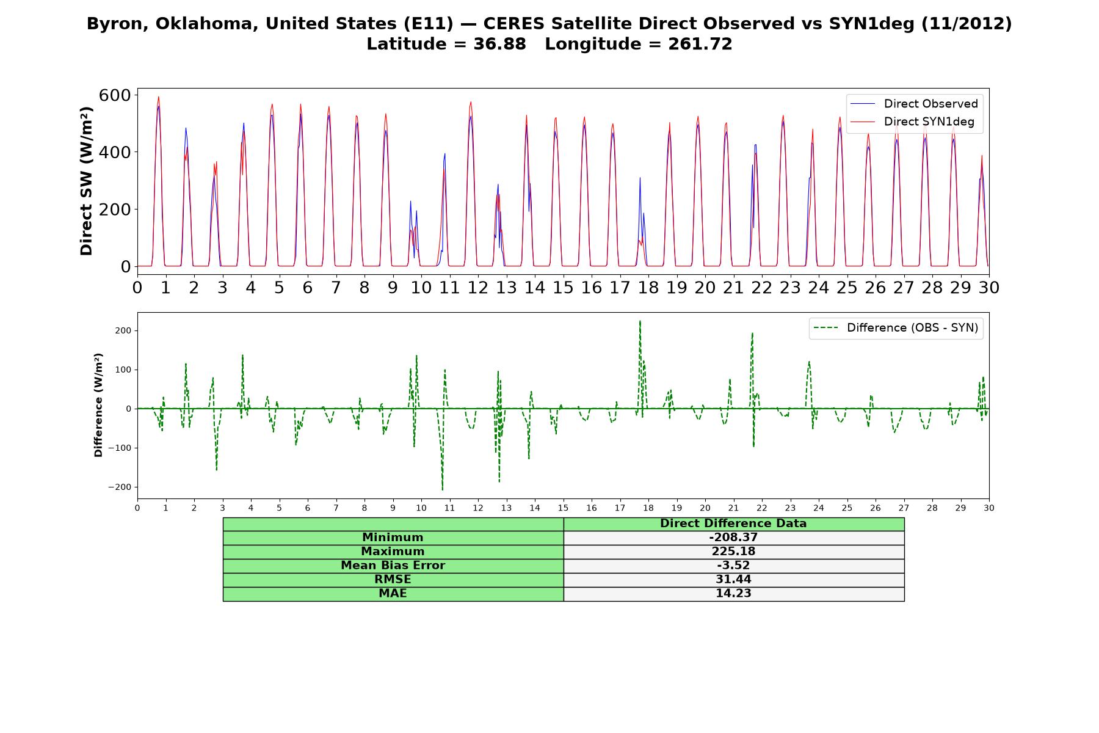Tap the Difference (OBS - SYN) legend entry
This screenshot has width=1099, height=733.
[x=896, y=328]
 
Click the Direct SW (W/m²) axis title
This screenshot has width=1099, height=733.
[x=86, y=181]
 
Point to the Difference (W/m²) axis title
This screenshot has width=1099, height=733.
[x=98, y=405]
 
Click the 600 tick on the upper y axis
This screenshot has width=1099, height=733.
[x=115, y=95]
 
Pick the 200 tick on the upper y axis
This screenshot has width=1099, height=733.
[x=115, y=209]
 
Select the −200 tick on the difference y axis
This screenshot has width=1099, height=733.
[x=120, y=487]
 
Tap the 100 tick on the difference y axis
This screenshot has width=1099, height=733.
[x=124, y=370]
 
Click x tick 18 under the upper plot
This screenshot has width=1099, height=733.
[x=648, y=287]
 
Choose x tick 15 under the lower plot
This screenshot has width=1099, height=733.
[x=563, y=508]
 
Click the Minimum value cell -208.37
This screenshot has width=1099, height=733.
[x=733, y=538]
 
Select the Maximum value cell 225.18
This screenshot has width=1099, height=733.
[x=733, y=552]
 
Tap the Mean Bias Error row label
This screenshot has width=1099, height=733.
[x=393, y=566]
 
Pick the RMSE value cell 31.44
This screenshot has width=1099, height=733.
[x=733, y=580]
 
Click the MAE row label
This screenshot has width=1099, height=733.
[x=393, y=594]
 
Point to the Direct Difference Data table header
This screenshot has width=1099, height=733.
[x=733, y=523]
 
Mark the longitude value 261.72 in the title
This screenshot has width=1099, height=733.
[x=700, y=44]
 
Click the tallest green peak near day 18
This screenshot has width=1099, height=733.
[x=640, y=321]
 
